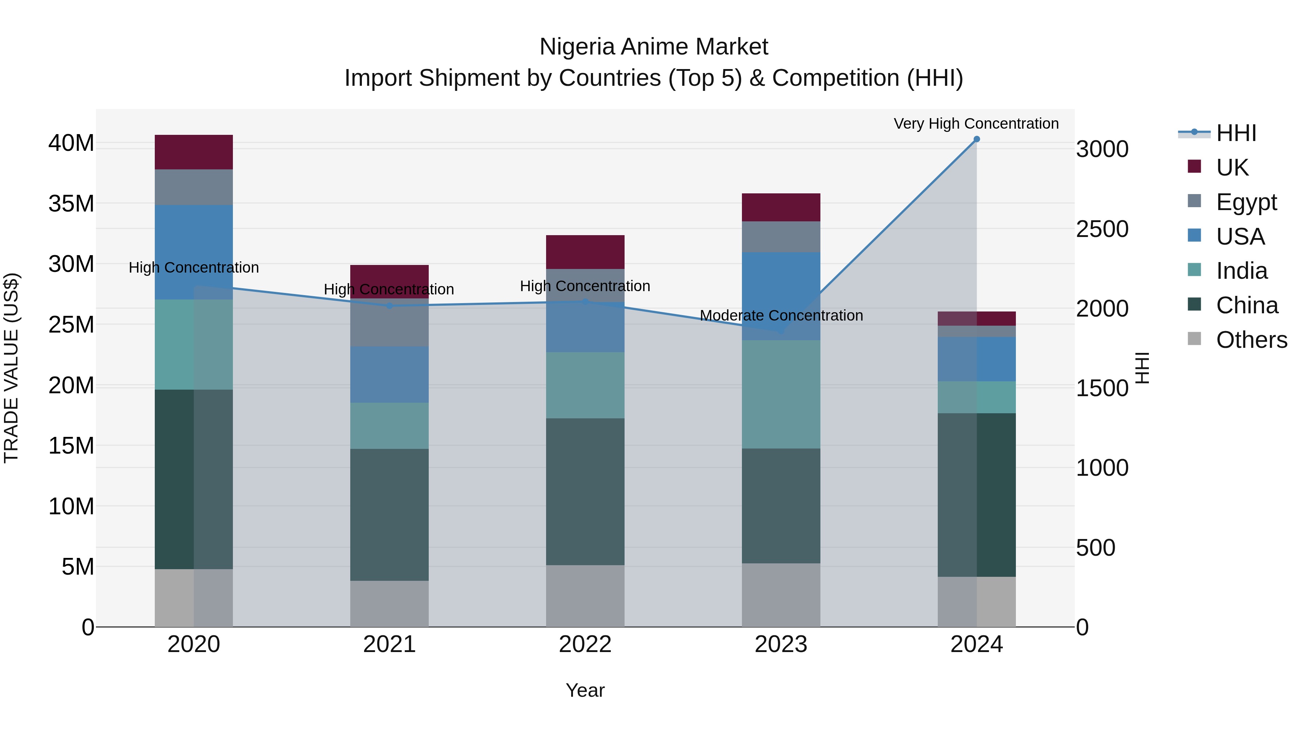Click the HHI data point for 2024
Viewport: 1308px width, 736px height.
[976, 139]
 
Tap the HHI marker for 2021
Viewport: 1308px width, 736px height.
[389, 306]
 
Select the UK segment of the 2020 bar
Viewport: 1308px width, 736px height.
[193, 152]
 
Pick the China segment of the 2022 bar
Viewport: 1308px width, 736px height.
[585, 492]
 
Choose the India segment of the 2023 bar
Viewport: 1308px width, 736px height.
[781, 394]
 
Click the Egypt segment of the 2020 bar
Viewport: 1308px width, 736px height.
[193, 188]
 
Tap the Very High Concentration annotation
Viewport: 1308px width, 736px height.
[976, 124]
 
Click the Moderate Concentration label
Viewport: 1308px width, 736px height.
[781, 316]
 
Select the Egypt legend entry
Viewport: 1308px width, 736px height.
[1246, 202]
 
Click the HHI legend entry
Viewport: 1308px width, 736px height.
[1236, 133]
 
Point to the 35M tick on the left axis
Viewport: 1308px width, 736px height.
[71, 204]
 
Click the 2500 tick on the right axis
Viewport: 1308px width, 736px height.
[1102, 229]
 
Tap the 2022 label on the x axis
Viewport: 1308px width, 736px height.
[585, 644]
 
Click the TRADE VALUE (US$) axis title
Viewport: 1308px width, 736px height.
[11, 368]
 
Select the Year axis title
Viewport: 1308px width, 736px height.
[585, 690]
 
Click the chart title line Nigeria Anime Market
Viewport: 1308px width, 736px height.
[654, 47]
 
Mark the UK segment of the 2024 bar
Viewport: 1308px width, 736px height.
[976, 318]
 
